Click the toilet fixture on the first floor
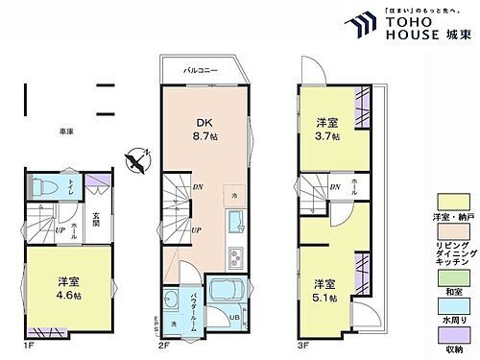click(x=44, y=187)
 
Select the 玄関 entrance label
click(x=96, y=221)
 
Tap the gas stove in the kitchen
click(x=233, y=256)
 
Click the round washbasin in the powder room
click(x=171, y=296)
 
